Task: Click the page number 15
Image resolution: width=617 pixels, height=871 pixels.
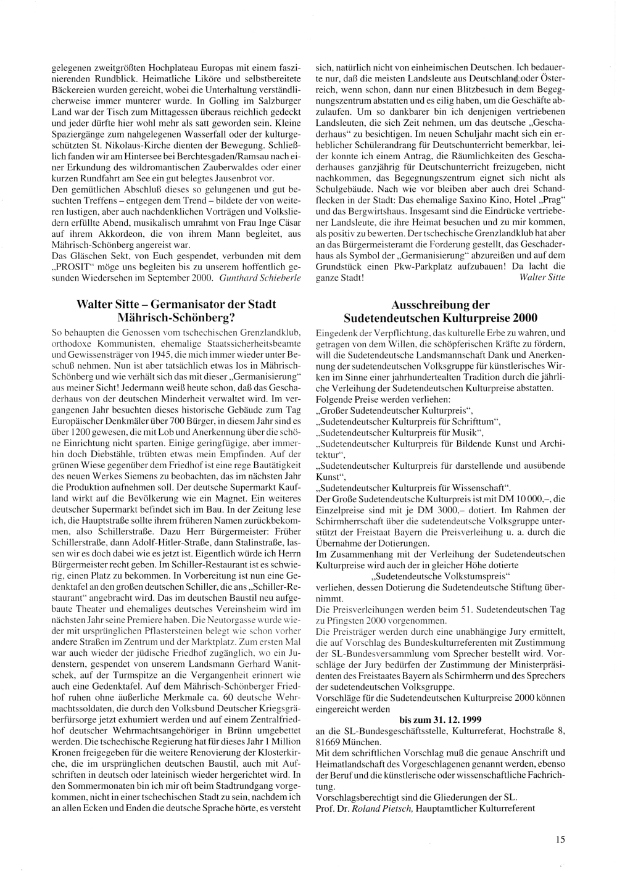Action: tap(560, 839)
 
